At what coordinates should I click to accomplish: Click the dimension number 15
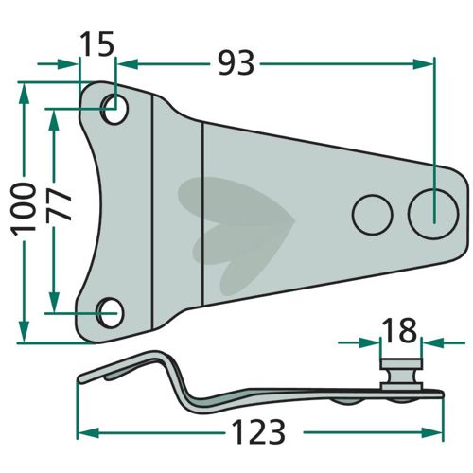pyautogui.click(x=96, y=44)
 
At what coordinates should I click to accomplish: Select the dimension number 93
pyautogui.click(x=236, y=63)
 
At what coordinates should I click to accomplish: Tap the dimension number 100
pyautogui.click(x=24, y=209)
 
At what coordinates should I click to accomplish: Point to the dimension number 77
pyautogui.click(x=59, y=205)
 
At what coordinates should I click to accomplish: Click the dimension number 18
pyautogui.click(x=399, y=330)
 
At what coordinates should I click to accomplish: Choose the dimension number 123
pyautogui.click(x=258, y=432)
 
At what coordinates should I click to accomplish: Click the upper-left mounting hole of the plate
pyautogui.click(x=114, y=108)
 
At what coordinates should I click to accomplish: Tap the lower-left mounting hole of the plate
pyautogui.click(x=110, y=312)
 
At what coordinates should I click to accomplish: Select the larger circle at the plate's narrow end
pyautogui.click(x=433, y=214)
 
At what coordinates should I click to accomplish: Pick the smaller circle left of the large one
pyautogui.click(x=372, y=215)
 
